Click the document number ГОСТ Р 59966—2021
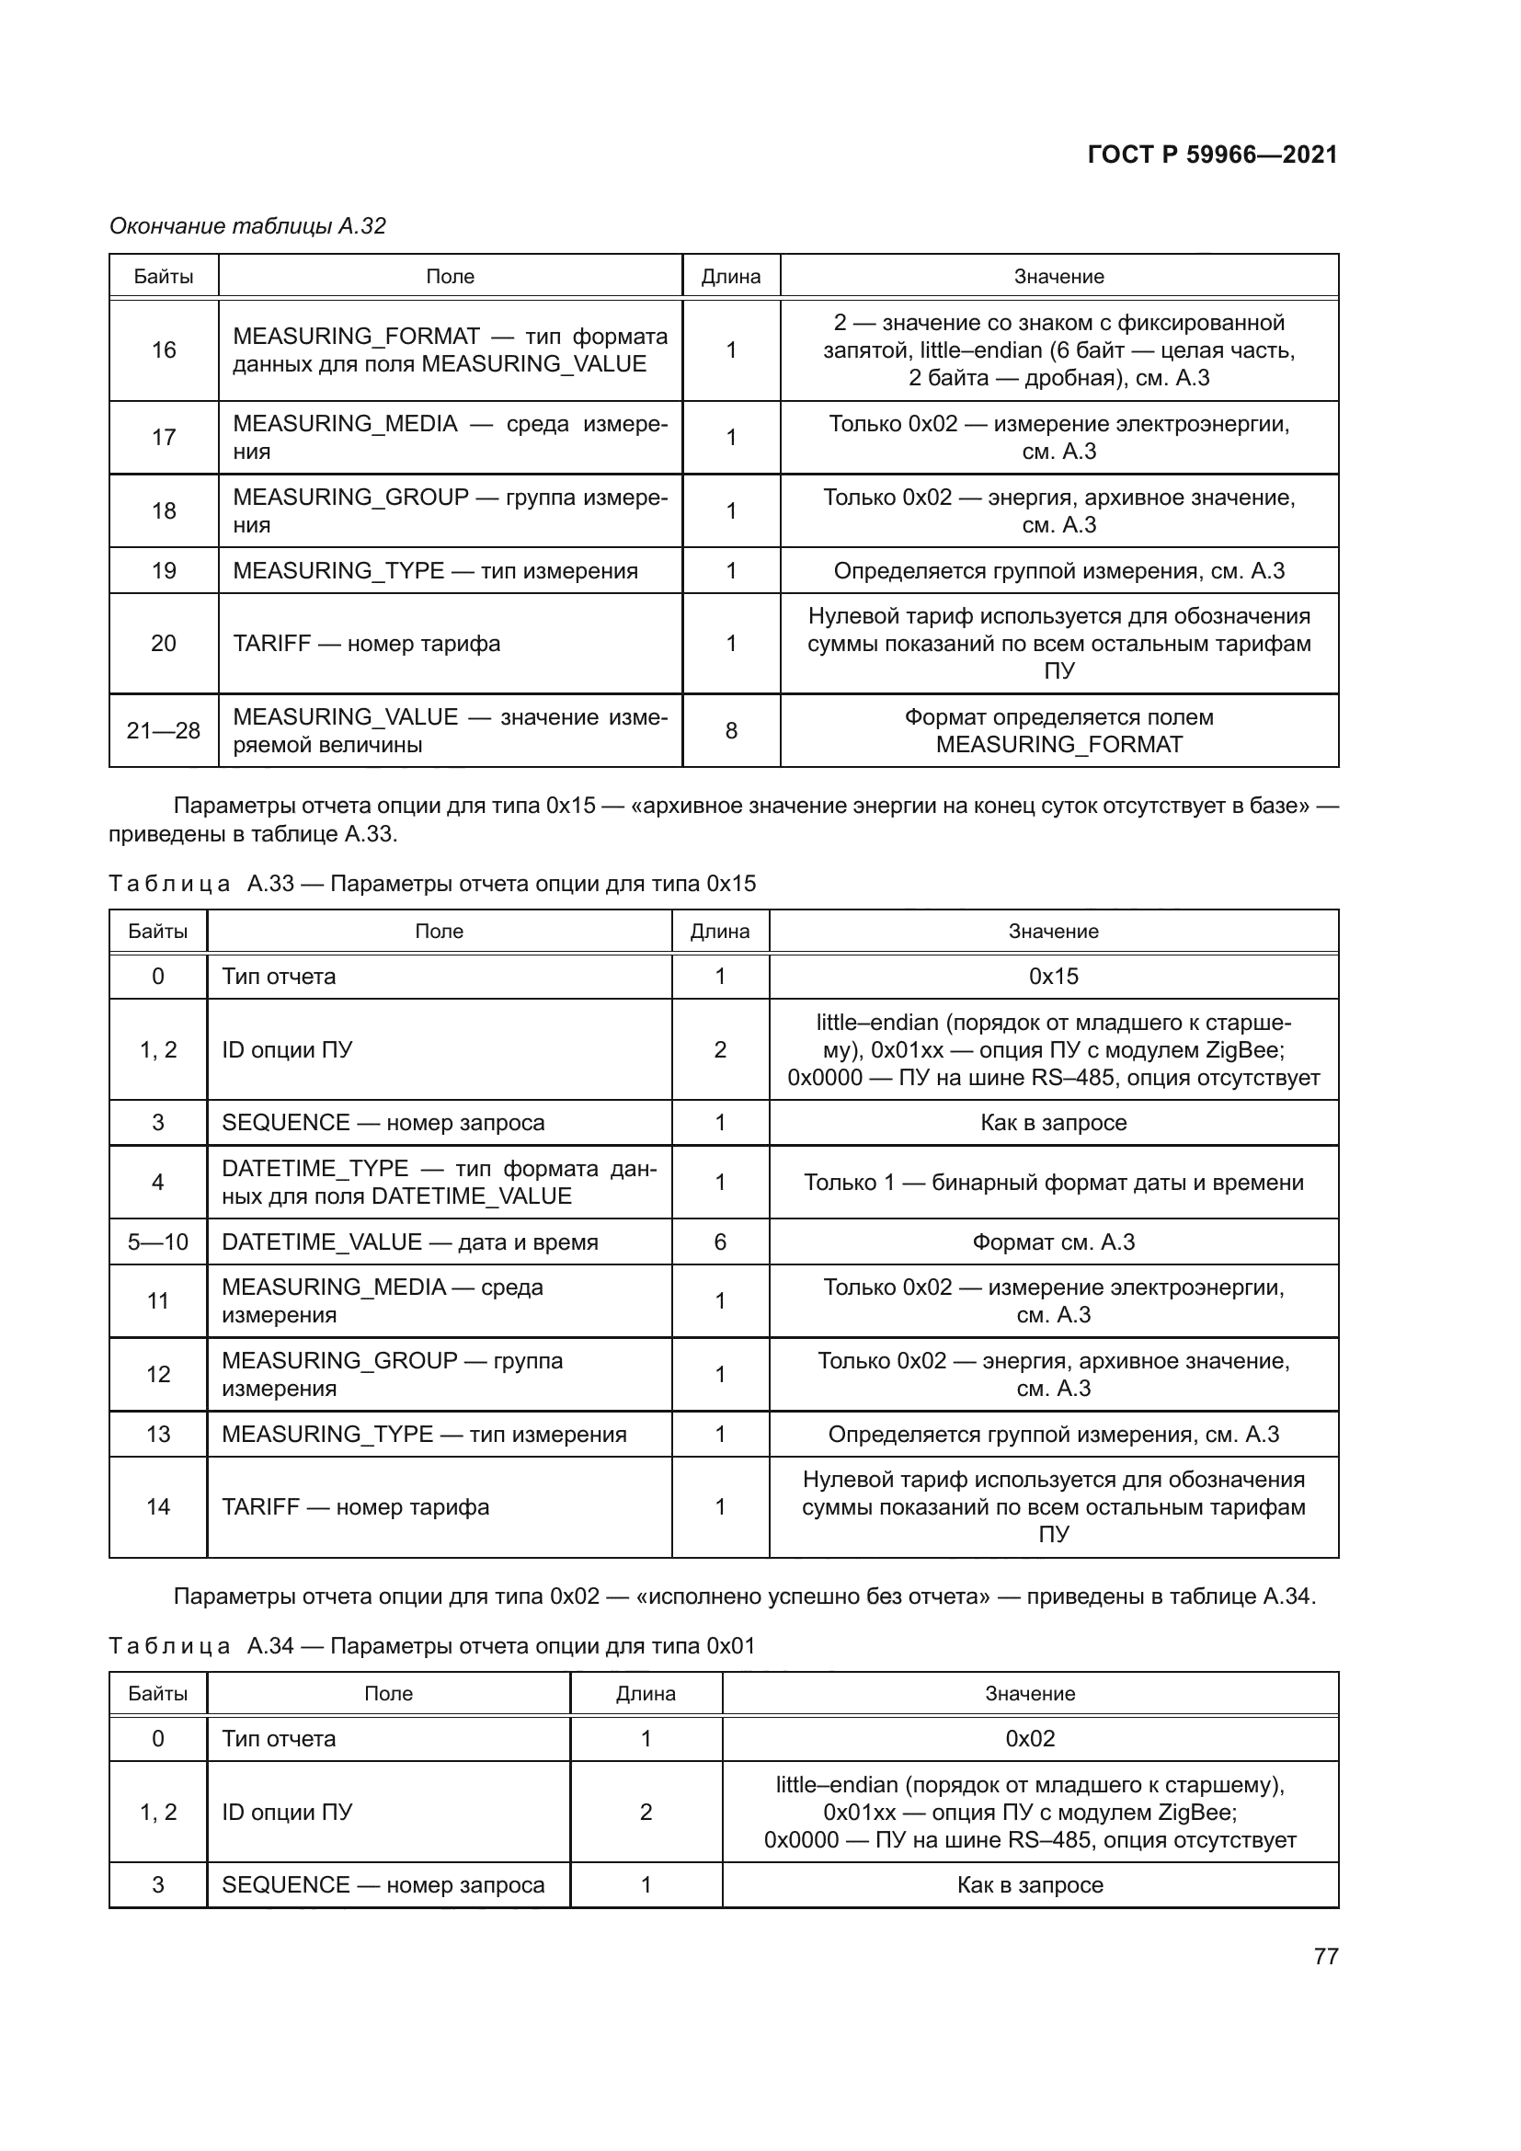coord(1212,154)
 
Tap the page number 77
coord(1325,1956)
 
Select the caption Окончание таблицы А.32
coord(247,226)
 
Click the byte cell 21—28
coord(163,731)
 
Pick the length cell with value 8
coord(730,731)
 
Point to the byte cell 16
coord(163,350)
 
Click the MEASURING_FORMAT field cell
coord(450,350)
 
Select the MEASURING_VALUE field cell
coord(450,731)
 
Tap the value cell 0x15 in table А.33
coord(1053,977)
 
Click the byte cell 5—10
coord(157,1242)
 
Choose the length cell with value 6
coord(719,1242)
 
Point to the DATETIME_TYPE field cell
coord(439,1183)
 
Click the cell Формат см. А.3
coord(1053,1242)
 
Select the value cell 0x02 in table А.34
coord(1029,1739)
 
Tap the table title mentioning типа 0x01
coord(432,1646)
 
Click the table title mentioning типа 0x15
coord(432,884)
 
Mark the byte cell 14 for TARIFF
coord(157,1506)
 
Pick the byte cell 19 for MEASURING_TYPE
coord(163,570)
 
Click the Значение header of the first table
coord(1058,277)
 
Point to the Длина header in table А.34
coord(646,1693)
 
